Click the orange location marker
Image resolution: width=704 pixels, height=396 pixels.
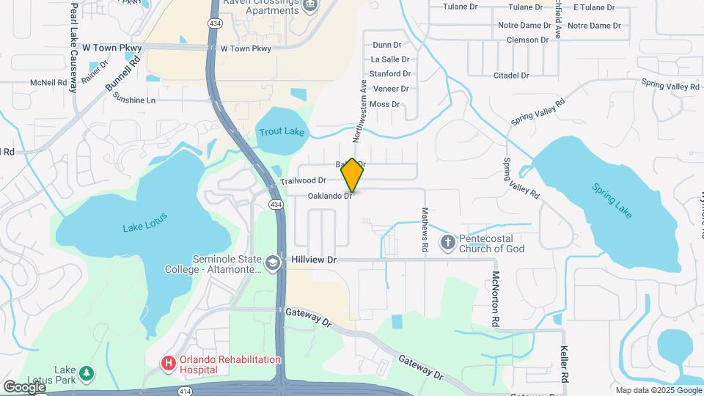pos(352,175)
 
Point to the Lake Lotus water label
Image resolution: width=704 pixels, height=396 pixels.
pos(145,222)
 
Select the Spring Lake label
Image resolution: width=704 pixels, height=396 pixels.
pos(612,200)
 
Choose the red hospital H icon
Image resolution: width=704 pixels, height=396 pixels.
pos(169,363)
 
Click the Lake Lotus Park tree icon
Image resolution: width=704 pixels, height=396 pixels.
pos(87,374)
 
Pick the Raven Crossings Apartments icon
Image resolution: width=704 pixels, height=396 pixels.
pos(309,6)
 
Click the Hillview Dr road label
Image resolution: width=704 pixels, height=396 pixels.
pos(313,260)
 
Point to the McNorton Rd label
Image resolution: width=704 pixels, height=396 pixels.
pos(496,299)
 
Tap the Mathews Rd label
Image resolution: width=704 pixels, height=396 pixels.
pos(425,230)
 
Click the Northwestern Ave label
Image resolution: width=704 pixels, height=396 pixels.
pos(359,111)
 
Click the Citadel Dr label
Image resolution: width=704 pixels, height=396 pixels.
pos(511,75)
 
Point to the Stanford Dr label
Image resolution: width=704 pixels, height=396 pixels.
pos(389,73)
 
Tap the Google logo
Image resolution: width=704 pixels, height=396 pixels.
pos(24,386)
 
